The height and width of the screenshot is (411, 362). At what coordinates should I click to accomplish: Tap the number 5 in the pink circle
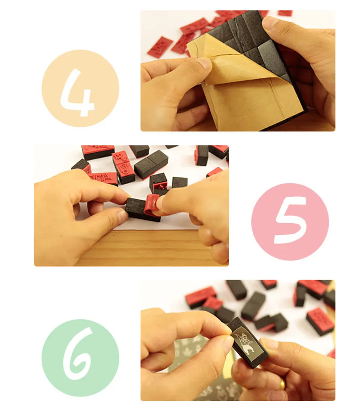click(x=290, y=220)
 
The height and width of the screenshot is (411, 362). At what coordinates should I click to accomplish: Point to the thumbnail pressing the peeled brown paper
click(x=205, y=64)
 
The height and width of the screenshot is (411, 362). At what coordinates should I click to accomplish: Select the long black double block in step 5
click(x=151, y=163)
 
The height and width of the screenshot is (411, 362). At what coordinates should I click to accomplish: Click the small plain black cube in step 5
click(x=180, y=183)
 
